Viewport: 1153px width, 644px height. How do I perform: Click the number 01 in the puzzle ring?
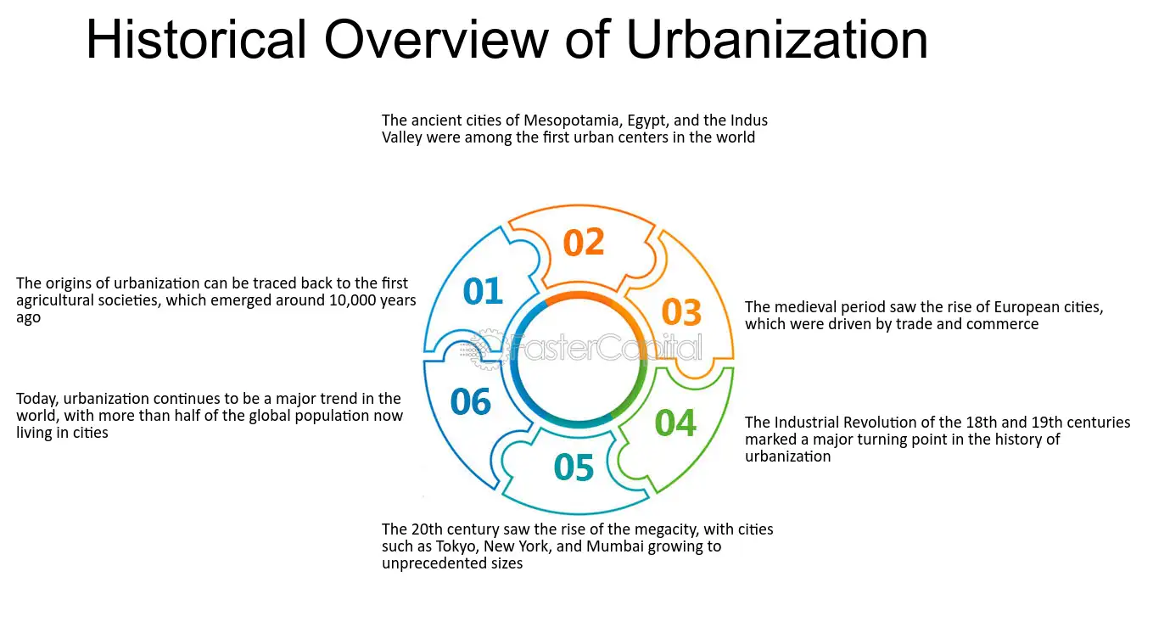coord(483,292)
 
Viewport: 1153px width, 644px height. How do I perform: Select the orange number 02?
coord(584,243)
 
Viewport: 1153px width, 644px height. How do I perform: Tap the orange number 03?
coord(681,313)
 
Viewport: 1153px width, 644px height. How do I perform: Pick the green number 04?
coord(675,423)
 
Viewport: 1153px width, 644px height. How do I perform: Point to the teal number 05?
coord(574,468)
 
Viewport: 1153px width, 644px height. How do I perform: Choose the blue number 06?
coord(471,402)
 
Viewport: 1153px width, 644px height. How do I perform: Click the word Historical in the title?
coord(196,39)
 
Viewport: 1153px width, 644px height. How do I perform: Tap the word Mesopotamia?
coord(570,120)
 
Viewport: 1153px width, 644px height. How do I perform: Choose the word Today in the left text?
coord(36,399)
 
